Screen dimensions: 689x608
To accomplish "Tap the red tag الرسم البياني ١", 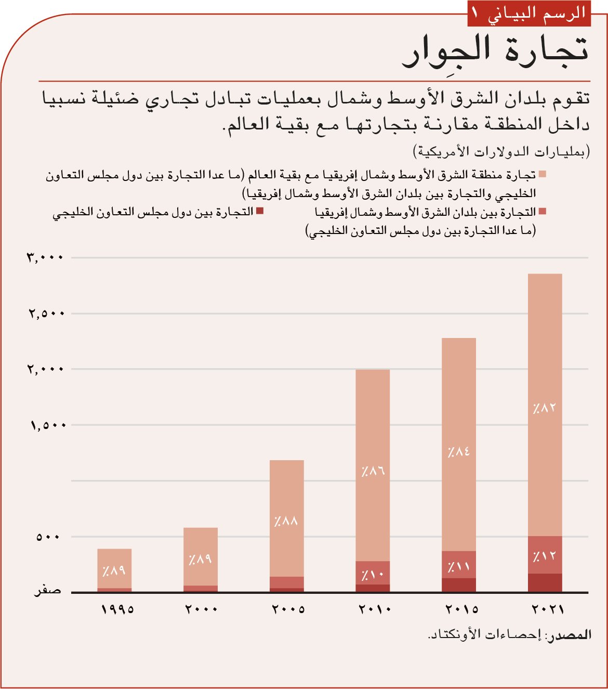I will coord(529,14).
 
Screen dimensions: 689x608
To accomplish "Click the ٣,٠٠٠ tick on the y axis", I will coord(45,257).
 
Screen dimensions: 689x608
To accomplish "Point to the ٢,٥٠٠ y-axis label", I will coord(46,314).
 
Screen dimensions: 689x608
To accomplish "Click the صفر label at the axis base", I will coord(47,591).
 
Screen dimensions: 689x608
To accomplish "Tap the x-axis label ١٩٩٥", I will coord(117,609).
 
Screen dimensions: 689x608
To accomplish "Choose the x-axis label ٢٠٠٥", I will coord(288,609).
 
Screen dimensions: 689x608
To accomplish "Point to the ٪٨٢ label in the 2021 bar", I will coord(544,408).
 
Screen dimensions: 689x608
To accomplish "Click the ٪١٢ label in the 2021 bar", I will coord(544,557).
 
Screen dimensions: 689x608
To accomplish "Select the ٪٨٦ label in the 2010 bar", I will coord(373,472).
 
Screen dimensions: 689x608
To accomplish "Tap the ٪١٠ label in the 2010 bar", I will coord(373,575).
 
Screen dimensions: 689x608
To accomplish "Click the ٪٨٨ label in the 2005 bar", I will coord(286,521).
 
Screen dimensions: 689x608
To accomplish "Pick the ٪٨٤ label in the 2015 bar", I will coord(459,451).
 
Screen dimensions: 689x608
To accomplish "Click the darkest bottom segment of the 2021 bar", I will coord(545,583).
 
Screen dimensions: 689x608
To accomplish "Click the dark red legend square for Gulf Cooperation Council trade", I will coord(260,211).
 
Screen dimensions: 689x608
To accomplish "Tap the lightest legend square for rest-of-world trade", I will coord(543,174).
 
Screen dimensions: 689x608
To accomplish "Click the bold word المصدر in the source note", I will coord(570,635).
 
